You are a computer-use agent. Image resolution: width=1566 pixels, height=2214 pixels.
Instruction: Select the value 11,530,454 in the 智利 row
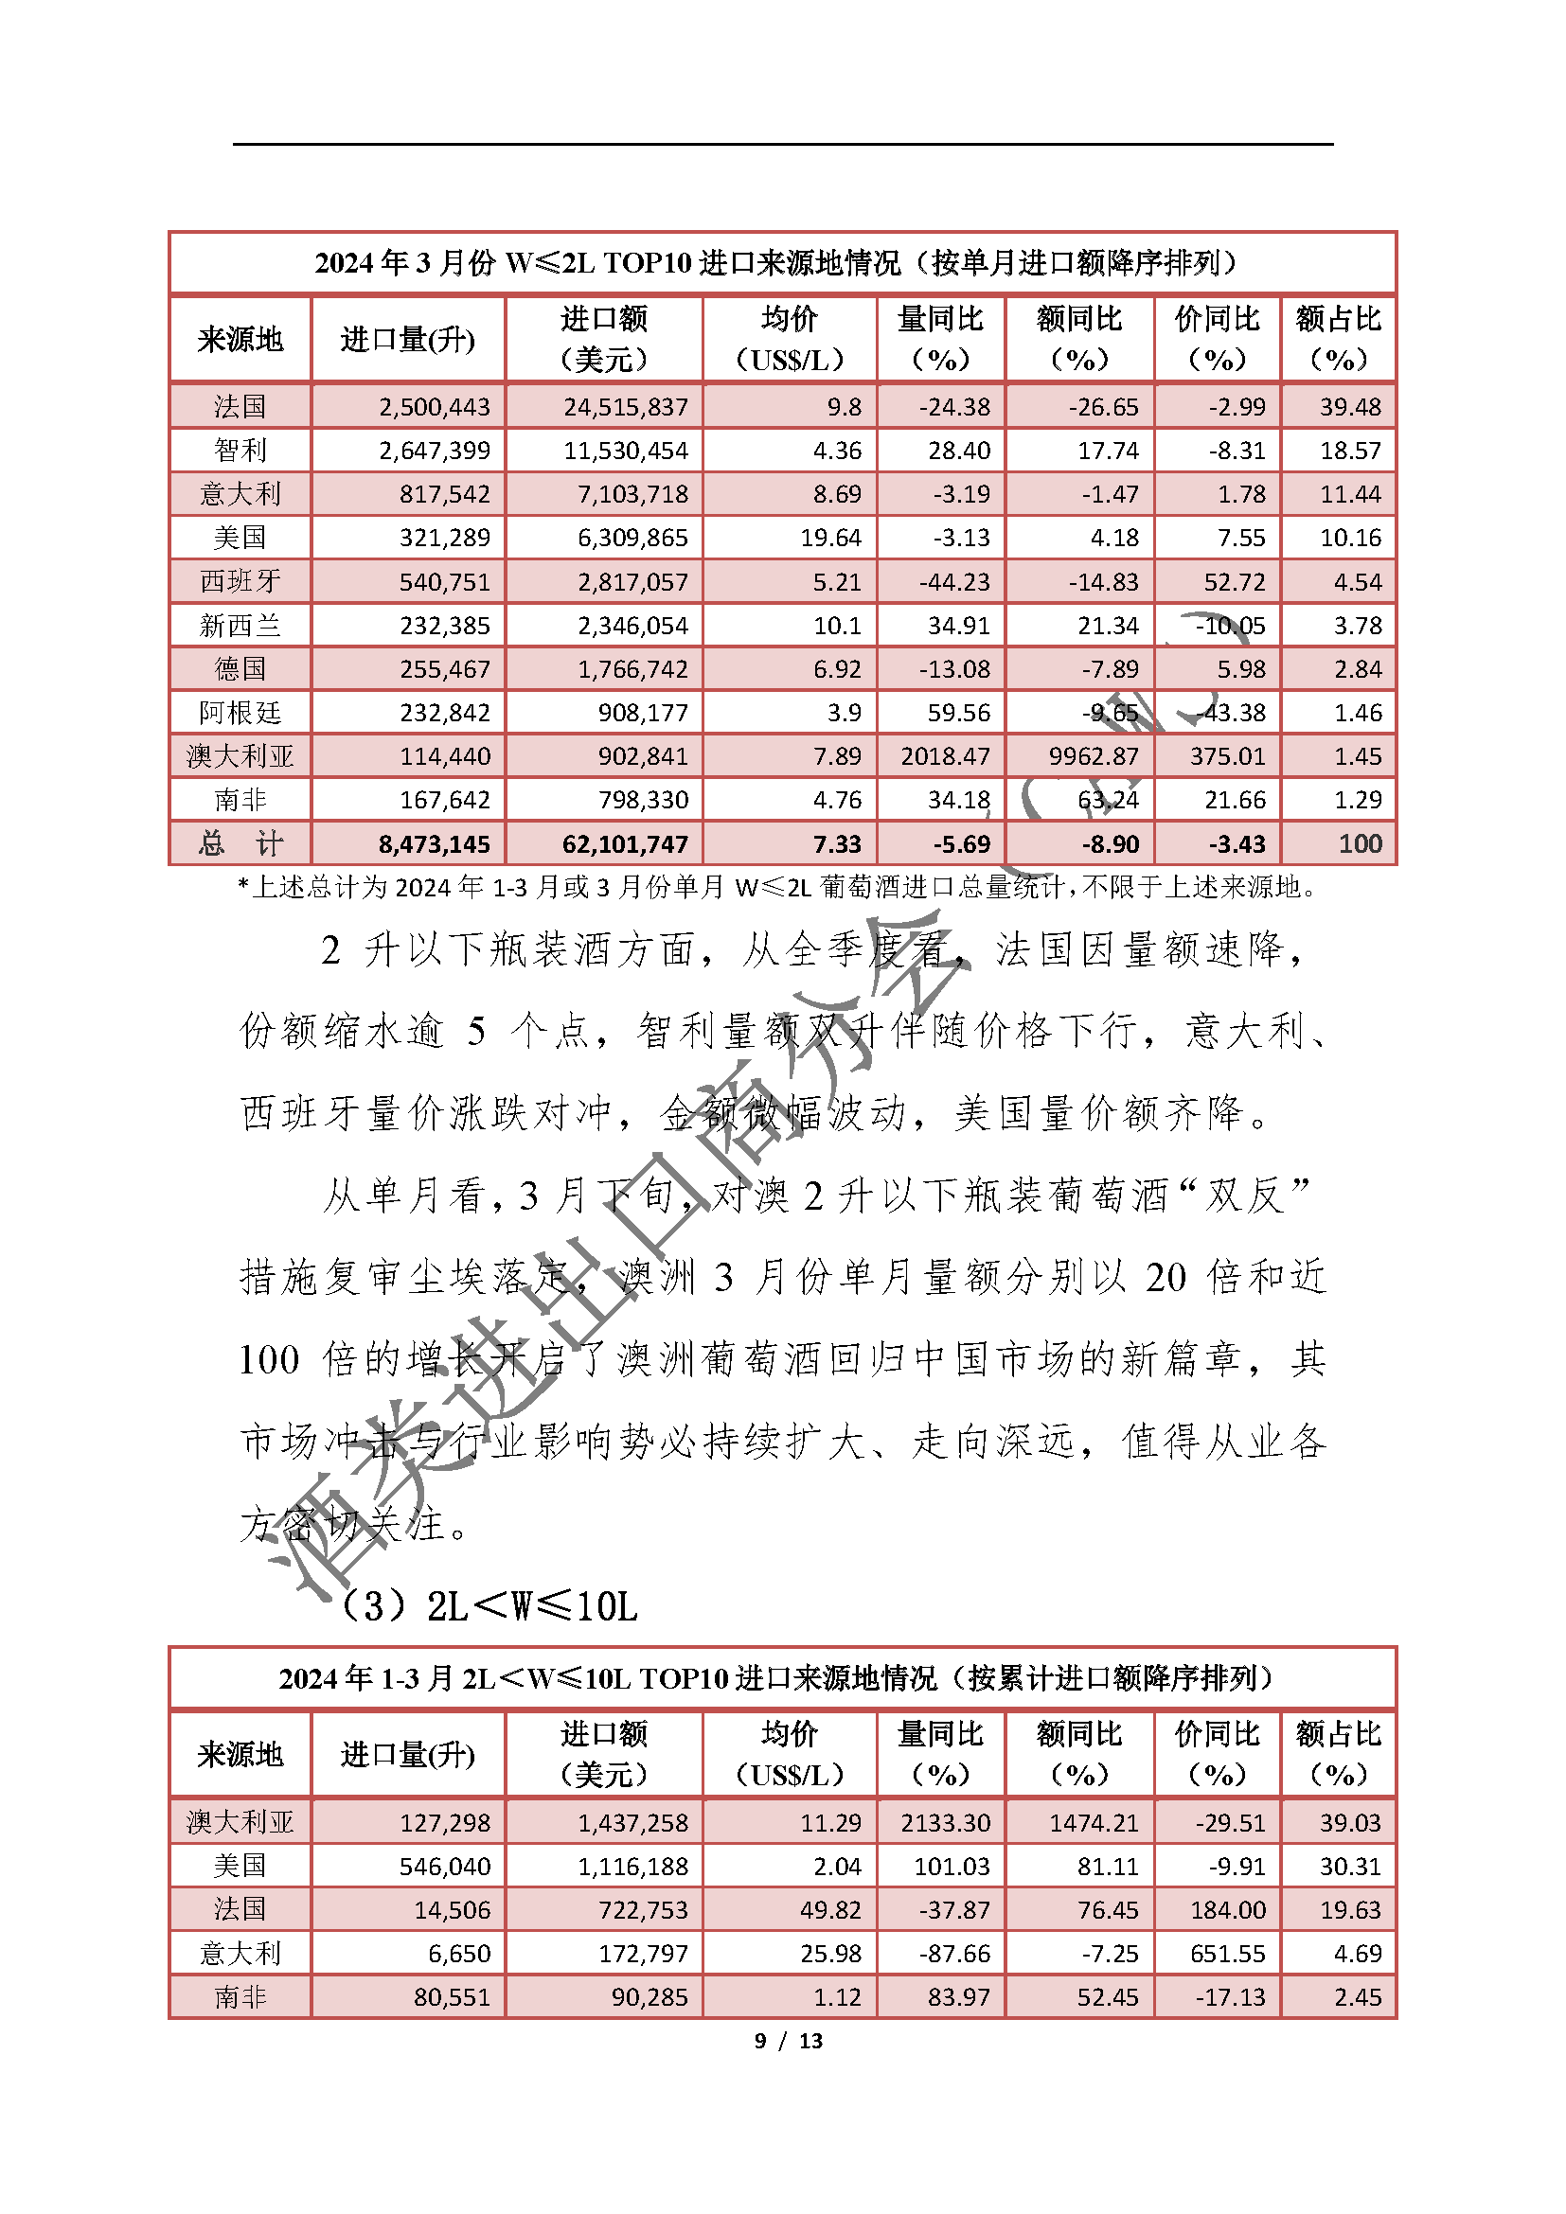[x=626, y=451]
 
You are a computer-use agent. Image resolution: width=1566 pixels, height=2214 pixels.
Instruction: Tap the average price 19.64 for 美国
[x=830, y=537]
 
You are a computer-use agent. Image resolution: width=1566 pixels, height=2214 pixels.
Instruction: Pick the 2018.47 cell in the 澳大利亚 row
[x=945, y=756]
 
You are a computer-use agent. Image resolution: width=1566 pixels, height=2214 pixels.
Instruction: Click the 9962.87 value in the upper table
[x=1094, y=756]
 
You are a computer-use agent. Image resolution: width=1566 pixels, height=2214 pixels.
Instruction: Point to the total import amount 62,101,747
[x=625, y=844]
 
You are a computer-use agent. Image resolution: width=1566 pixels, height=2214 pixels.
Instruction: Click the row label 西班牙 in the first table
[x=240, y=581]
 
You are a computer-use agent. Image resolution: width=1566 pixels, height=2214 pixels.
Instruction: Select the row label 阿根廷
[x=240, y=713]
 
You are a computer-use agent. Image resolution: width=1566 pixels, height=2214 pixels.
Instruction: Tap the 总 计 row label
[x=240, y=844]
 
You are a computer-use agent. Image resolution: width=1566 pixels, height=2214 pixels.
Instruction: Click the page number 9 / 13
[x=788, y=2041]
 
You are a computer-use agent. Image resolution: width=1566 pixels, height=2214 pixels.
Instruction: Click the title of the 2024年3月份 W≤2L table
[x=782, y=262]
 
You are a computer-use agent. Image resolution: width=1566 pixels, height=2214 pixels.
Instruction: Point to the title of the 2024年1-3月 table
[x=782, y=1679]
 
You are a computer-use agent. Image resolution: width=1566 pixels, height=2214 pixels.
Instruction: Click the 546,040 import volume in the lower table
[x=445, y=1867]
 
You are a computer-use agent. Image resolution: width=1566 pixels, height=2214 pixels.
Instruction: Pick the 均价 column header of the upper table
[x=789, y=339]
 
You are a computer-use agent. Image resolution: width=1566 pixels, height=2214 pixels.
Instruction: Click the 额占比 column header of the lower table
[x=1339, y=1754]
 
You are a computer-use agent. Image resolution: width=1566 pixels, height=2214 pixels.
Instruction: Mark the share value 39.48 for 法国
[x=1350, y=407]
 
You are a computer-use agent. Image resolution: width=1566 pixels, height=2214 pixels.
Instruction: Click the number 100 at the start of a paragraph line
[x=269, y=1360]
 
